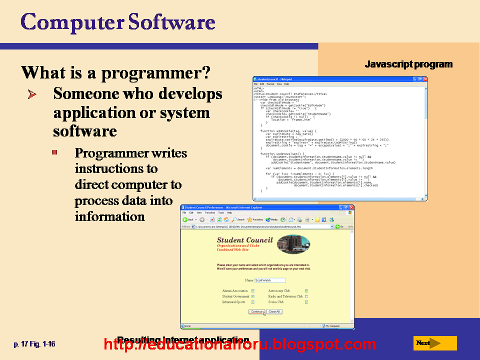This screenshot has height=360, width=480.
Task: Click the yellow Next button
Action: (435, 343)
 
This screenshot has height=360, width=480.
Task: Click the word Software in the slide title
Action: (171, 22)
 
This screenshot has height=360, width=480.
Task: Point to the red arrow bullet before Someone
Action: (33, 94)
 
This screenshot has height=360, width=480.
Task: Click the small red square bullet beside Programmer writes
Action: (55, 151)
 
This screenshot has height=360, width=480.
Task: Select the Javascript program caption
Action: (408, 64)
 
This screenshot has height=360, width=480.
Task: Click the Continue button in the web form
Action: (256, 311)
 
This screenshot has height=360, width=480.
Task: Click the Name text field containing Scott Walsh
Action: (269, 280)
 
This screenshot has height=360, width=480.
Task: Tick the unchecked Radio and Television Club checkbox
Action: (306, 296)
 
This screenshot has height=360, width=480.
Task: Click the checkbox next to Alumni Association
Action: (253, 290)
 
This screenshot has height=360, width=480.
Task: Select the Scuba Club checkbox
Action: (306, 302)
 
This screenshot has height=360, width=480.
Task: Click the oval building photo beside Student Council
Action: (293, 244)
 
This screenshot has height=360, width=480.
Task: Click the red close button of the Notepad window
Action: (425, 79)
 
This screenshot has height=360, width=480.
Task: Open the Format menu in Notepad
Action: (270, 84)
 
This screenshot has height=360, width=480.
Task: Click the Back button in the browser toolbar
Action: (188, 219)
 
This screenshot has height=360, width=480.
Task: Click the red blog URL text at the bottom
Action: (240, 344)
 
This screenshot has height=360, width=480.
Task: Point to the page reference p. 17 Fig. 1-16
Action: (34, 344)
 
